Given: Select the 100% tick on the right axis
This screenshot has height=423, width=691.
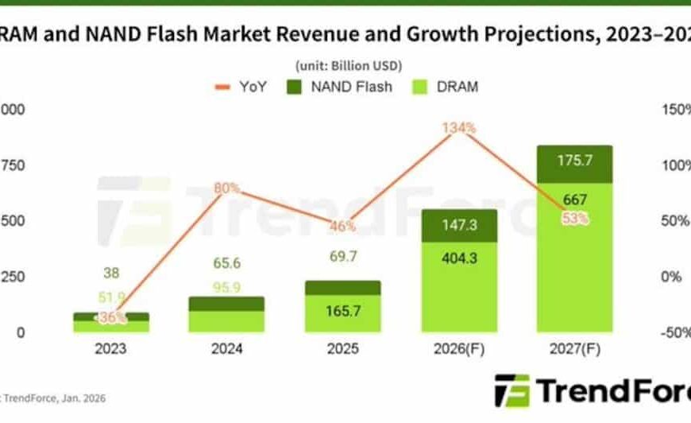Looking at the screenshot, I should point(675,165).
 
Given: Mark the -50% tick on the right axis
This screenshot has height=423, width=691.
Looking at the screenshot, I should point(675,332).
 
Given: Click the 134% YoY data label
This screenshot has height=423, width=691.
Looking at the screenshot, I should point(459,127).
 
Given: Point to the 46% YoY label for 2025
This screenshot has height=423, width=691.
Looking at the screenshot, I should point(342,226).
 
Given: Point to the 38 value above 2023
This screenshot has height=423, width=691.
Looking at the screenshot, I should point(110,272).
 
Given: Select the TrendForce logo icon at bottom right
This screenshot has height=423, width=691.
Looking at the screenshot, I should point(511,390).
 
